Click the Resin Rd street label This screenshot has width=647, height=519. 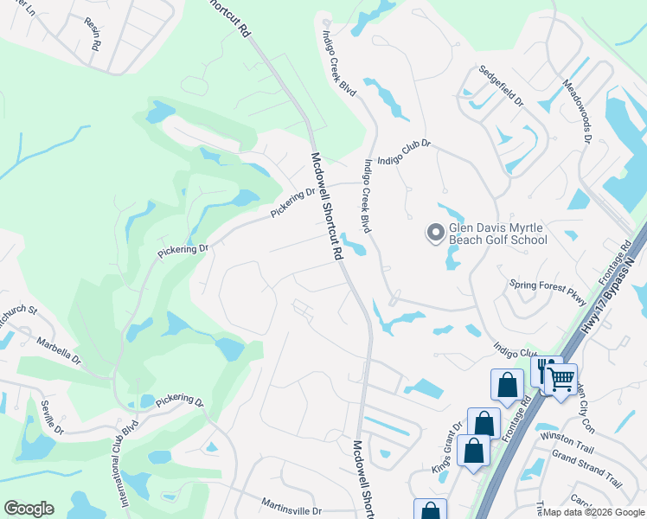click(95, 35)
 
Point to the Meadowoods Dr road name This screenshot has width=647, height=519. click(577, 112)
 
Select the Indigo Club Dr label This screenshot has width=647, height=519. click(402, 148)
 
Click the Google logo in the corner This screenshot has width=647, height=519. click(29, 509)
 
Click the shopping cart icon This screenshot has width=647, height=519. click(561, 378)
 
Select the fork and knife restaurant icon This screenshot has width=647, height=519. click(546, 371)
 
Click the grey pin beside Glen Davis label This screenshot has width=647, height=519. click(435, 232)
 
